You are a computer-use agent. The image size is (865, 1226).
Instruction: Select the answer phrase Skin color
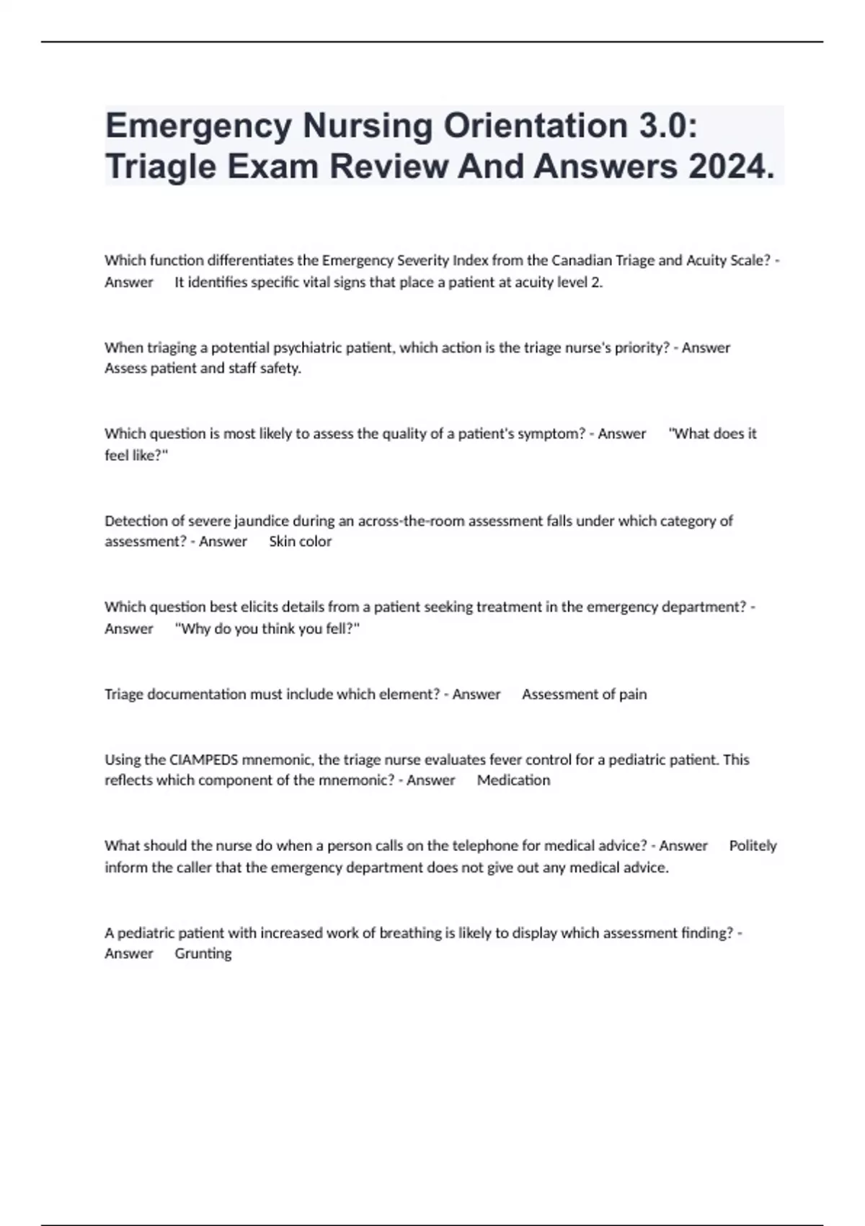click(x=300, y=542)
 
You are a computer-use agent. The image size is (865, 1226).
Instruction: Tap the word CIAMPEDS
click(x=203, y=759)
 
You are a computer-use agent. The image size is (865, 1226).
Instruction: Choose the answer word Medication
click(x=513, y=780)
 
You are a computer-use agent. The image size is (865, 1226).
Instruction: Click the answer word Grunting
click(x=203, y=953)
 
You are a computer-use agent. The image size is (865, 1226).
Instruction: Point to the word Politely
click(x=753, y=845)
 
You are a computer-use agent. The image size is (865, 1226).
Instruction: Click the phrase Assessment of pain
click(x=584, y=694)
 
